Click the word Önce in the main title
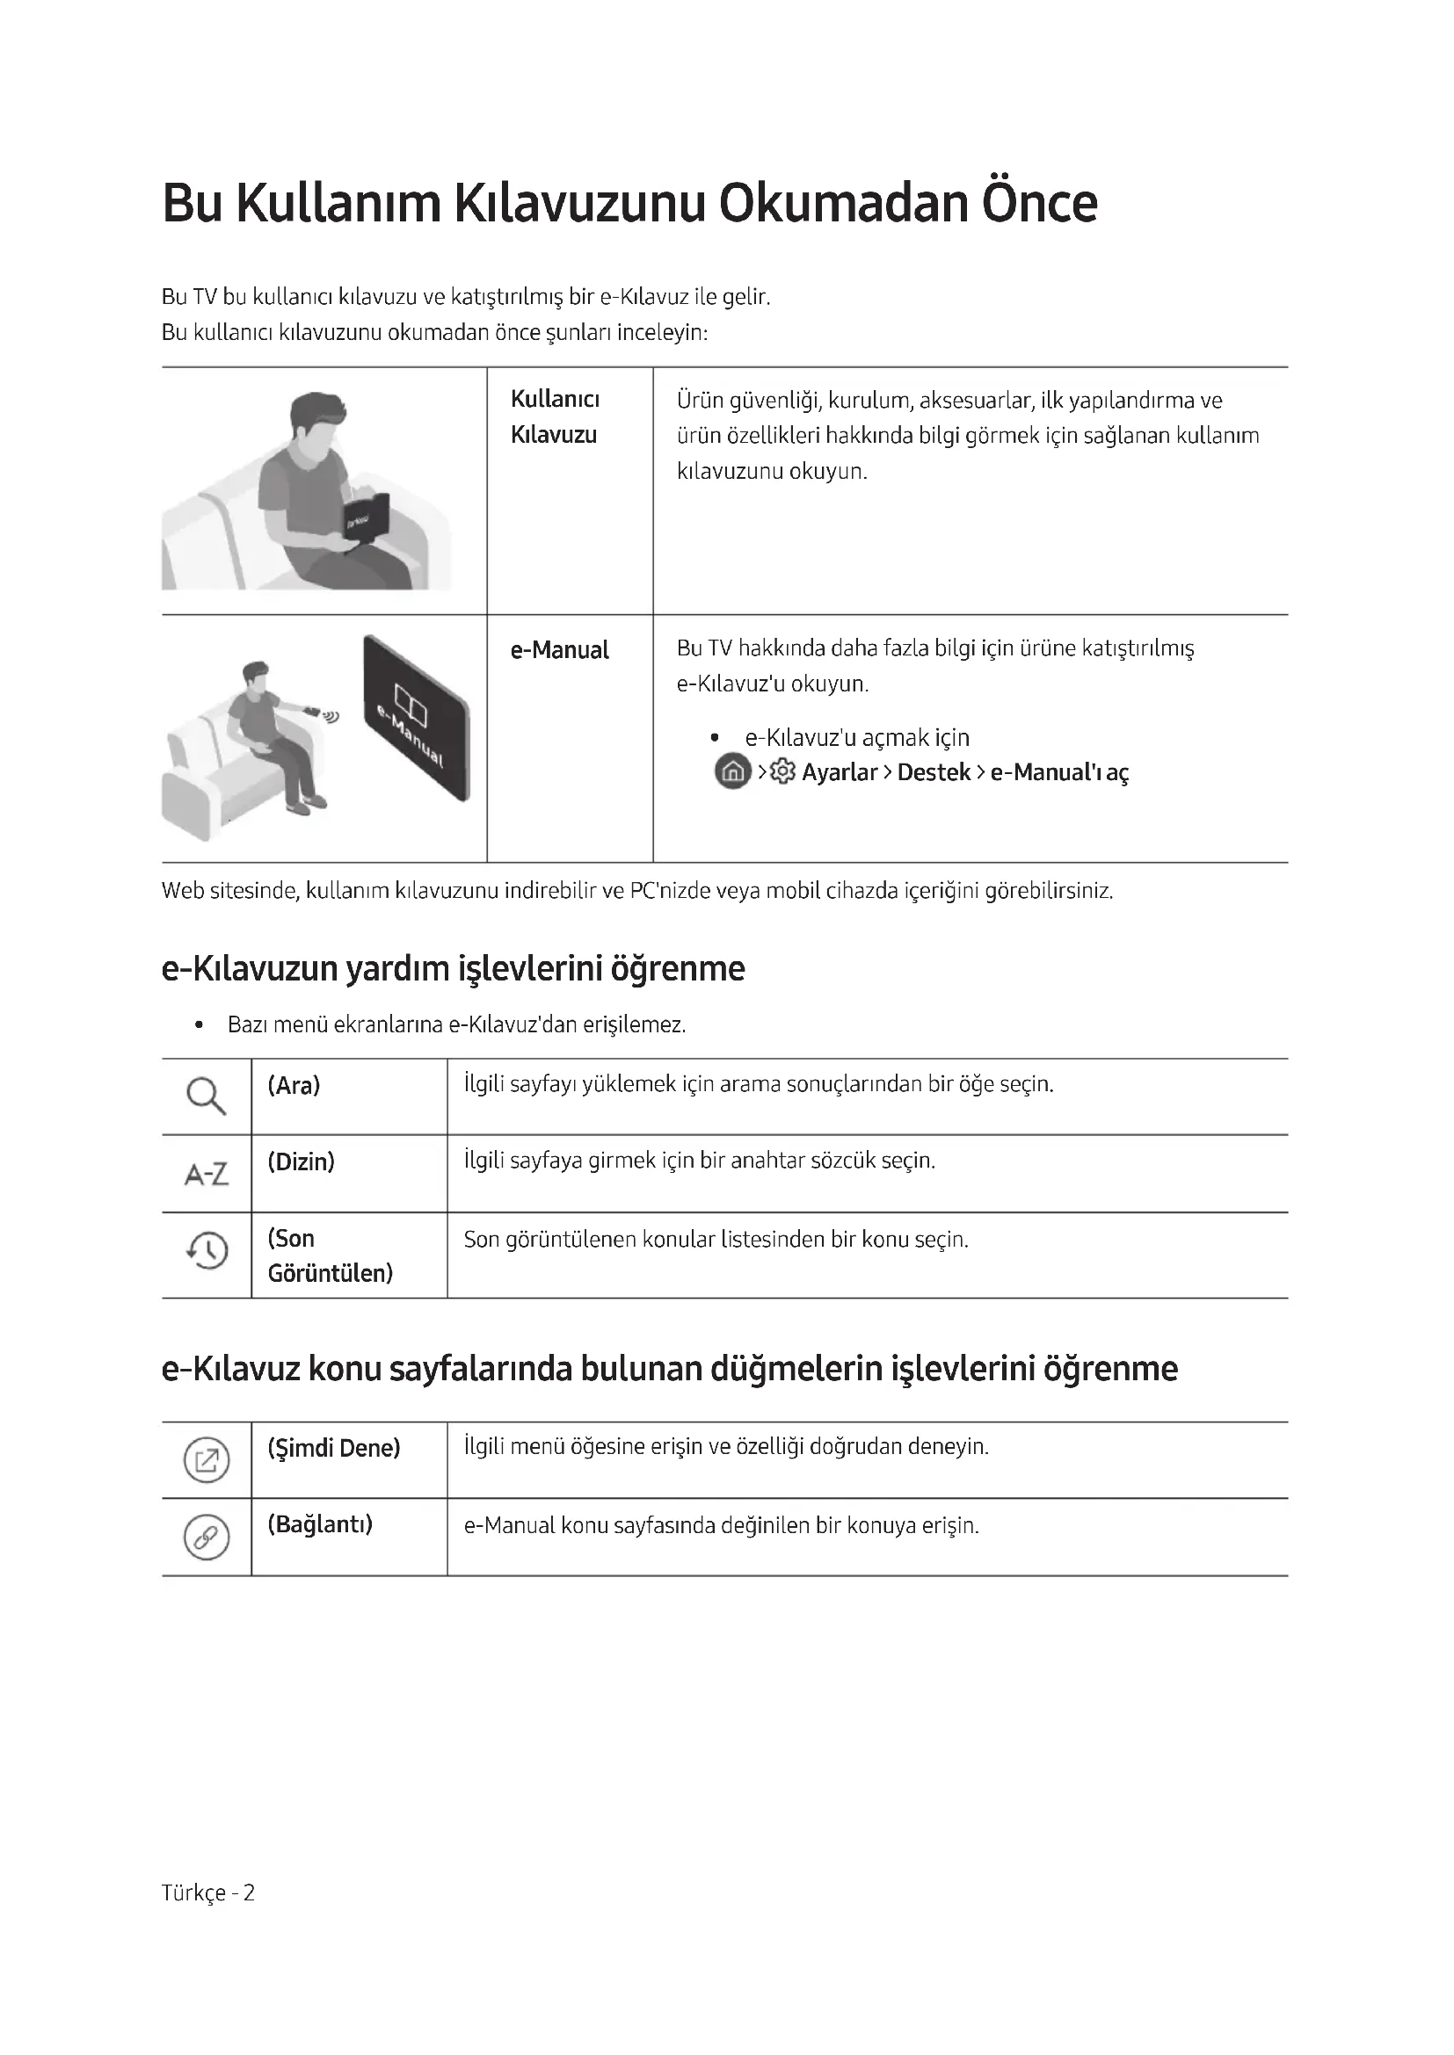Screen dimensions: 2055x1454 (x=1038, y=204)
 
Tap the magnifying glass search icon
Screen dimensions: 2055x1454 (x=206, y=1096)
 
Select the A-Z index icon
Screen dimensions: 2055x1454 (x=206, y=1174)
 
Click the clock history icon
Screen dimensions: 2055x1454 (x=207, y=1249)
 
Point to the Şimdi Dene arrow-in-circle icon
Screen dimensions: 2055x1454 (x=206, y=1461)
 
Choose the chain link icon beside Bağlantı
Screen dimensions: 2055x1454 (x=206, y=1538)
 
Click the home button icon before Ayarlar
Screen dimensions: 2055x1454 (x=732, y=771)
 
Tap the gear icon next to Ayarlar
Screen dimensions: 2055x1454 (x=782, y=771)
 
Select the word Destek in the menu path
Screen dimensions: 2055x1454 (x=933, y=772)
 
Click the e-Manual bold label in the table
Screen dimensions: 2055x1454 (x=560, y=650)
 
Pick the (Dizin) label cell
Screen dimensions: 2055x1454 (x=301, y=1161)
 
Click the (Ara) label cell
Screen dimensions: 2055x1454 (x=294, y=1086)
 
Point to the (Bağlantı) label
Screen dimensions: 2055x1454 (x=320, y=1524)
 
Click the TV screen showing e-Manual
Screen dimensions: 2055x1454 (x=417, y=719)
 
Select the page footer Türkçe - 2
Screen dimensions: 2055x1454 (x=207, y=1892)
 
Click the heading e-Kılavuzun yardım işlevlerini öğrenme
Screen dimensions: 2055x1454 (x=453, y=969)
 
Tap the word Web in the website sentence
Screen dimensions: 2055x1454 (x=183, y=892)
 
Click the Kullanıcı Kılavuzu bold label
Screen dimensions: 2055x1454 (x=554, y=417)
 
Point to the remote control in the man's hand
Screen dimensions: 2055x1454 (x=311, y=711)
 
